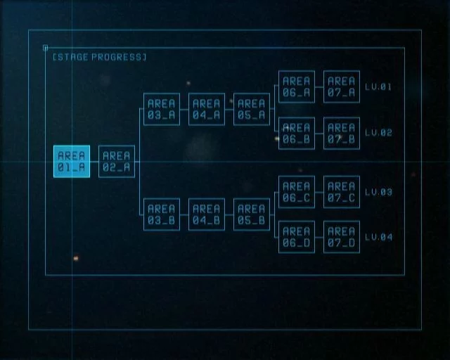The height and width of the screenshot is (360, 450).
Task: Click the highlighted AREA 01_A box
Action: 72,161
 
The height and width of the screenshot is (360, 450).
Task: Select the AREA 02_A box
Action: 117,161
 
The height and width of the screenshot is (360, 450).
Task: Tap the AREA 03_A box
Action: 162,109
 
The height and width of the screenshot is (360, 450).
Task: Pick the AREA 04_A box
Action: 207,109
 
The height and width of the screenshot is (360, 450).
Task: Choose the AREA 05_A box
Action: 252,109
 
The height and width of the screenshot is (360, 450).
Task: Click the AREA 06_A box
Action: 297,86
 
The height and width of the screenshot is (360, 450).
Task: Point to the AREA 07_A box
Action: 342,86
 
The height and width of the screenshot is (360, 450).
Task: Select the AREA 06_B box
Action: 297,133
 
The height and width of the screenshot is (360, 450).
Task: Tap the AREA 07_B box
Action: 342,133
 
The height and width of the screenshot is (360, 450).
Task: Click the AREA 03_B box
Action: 162,214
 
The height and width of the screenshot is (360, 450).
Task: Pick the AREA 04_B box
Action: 207,214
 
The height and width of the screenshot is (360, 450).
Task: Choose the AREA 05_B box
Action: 252,214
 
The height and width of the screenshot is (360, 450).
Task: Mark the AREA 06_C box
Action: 297,192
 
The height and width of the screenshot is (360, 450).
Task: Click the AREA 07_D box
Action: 342,237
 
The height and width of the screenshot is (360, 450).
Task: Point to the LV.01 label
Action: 378,86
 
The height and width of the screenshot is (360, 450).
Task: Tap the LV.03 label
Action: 378,192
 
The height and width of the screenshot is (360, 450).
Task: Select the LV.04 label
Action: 378,237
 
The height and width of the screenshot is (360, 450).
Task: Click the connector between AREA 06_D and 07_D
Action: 319,237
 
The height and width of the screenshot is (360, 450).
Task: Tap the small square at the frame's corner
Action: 45,48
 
